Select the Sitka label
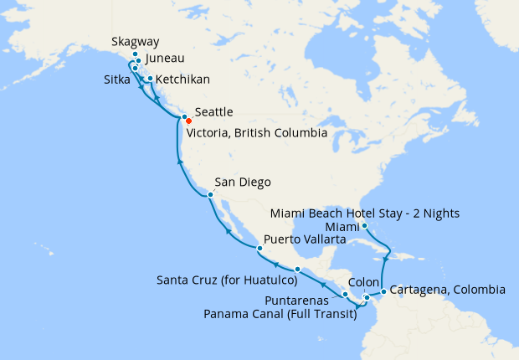113,80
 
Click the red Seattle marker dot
188,121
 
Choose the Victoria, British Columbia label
256,132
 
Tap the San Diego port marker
209,195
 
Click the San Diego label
243,183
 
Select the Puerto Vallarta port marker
259,249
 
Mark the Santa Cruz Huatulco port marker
297,269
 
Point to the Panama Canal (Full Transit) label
279,314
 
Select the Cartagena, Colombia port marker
383,291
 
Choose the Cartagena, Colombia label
448,291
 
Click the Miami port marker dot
365,226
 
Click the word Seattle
213,112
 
